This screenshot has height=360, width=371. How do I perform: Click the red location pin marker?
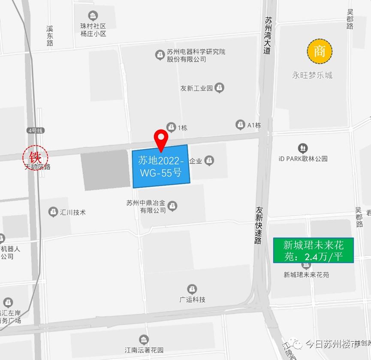point(161,138)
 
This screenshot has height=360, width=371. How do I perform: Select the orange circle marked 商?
point(320,51)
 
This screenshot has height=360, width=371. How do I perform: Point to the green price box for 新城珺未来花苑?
point(314,250)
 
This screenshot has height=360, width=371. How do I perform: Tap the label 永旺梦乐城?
point(312,75)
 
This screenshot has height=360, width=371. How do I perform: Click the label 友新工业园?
point(196,88)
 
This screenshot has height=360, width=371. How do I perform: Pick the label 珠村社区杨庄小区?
point(93,30)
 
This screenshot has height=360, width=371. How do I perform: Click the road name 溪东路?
point(50,36)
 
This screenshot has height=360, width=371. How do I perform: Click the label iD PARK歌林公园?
point(303,159)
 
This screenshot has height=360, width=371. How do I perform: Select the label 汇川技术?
point(73,212)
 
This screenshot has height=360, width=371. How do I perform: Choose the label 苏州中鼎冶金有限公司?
point(146,207)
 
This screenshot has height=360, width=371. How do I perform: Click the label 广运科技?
point(192,300)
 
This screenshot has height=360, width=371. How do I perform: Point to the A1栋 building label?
point(254,125)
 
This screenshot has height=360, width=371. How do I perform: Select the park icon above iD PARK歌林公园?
point(303,148)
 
